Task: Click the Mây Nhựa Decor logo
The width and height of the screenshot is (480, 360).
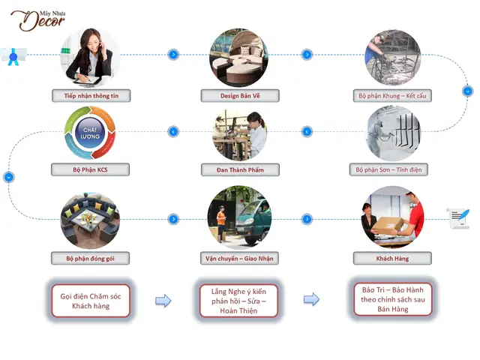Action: click(37, 20)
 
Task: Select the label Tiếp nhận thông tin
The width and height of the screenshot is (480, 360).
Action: click(91, 96)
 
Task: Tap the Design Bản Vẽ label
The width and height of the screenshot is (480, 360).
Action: click(240, 96)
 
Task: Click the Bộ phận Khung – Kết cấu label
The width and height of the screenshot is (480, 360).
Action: click(392, 96)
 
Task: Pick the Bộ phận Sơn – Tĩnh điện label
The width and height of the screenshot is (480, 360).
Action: click(388, 169)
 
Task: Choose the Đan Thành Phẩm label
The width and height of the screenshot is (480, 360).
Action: click(240, 170)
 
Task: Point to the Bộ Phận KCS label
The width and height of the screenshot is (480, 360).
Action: click(90, 169)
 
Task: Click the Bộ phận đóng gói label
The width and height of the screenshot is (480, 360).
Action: click(90, 258)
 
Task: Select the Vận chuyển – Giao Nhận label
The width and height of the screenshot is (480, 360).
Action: click(239, 258)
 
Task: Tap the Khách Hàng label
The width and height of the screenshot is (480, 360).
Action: click(392, 258)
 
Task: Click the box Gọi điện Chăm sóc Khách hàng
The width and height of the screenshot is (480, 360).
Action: click(91, 301)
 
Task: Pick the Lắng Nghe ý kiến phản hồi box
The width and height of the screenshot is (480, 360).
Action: click(238, 301)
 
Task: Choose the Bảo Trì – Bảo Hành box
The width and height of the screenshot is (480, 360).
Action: click(393, 299)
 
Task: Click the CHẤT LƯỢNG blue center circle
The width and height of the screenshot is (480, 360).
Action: click(90, 133)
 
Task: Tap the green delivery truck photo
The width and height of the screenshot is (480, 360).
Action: click(239, 217)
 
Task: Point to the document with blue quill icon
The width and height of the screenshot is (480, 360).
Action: click(458, 218)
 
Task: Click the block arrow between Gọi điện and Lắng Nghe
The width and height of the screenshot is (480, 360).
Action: click(163, 301)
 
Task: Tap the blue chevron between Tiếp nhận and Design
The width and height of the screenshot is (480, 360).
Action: click(173, 55)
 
